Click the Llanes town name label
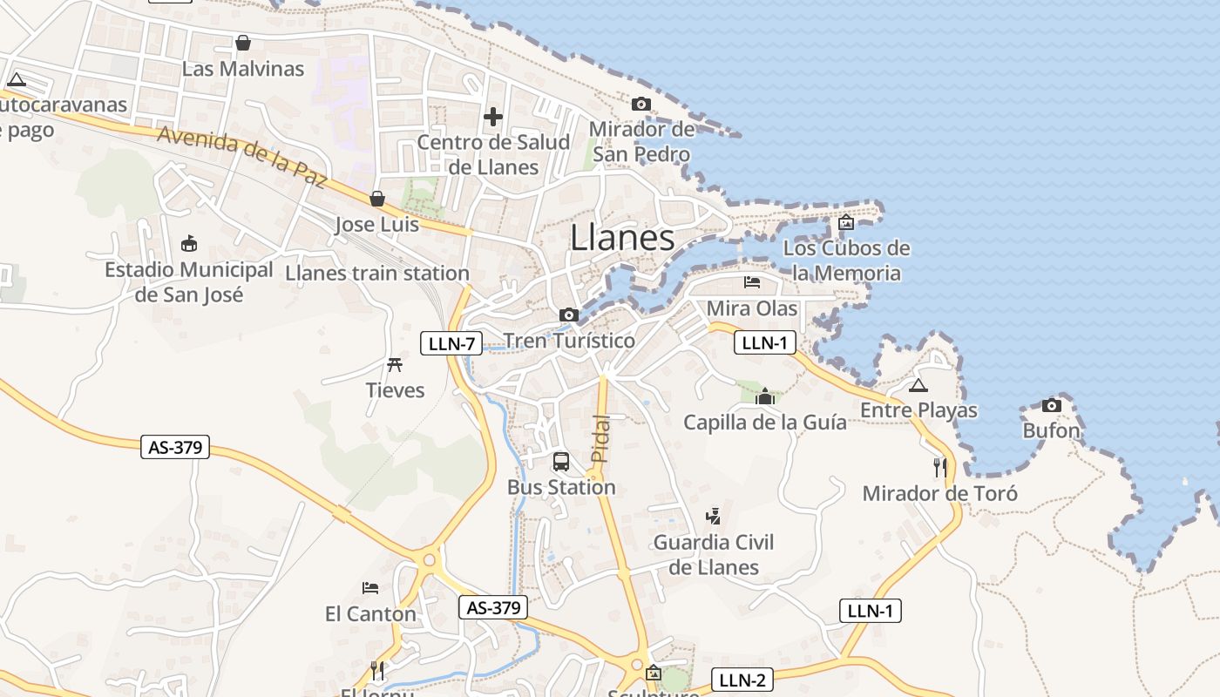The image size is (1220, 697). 622,238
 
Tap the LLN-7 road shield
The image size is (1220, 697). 451,343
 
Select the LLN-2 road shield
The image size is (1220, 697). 743,680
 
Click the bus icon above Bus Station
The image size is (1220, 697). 561,462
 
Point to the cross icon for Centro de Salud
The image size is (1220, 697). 493,116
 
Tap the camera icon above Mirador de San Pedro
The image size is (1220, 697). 641,105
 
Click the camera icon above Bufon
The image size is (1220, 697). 1052,405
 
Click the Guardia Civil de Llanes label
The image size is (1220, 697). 714,555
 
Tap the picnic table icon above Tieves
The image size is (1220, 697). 395,364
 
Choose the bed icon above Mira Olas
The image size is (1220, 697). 752,282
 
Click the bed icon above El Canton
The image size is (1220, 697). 370,588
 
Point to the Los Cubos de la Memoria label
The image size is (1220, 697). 846,261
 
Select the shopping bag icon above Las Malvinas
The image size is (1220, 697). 243,43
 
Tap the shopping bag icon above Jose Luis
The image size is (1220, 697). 377,200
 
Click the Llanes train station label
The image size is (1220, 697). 377,274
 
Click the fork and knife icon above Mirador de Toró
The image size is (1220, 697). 939,467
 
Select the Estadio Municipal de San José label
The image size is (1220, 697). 189,282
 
